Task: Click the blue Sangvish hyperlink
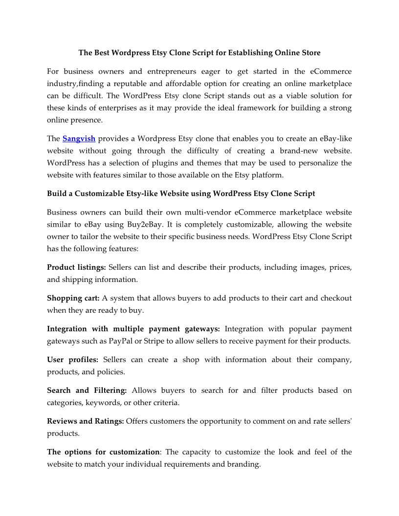[x=79, y=139]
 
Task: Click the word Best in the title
[x=102, y=52]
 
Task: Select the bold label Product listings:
[x=76, y=267]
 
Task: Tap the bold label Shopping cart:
[x=73, y=298]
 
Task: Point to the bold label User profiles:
[x=72, y=360]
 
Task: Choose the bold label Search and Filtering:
[x=87, y=390]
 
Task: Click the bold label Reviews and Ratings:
[x=86, y=421]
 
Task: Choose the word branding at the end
[x=244, y=464]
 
